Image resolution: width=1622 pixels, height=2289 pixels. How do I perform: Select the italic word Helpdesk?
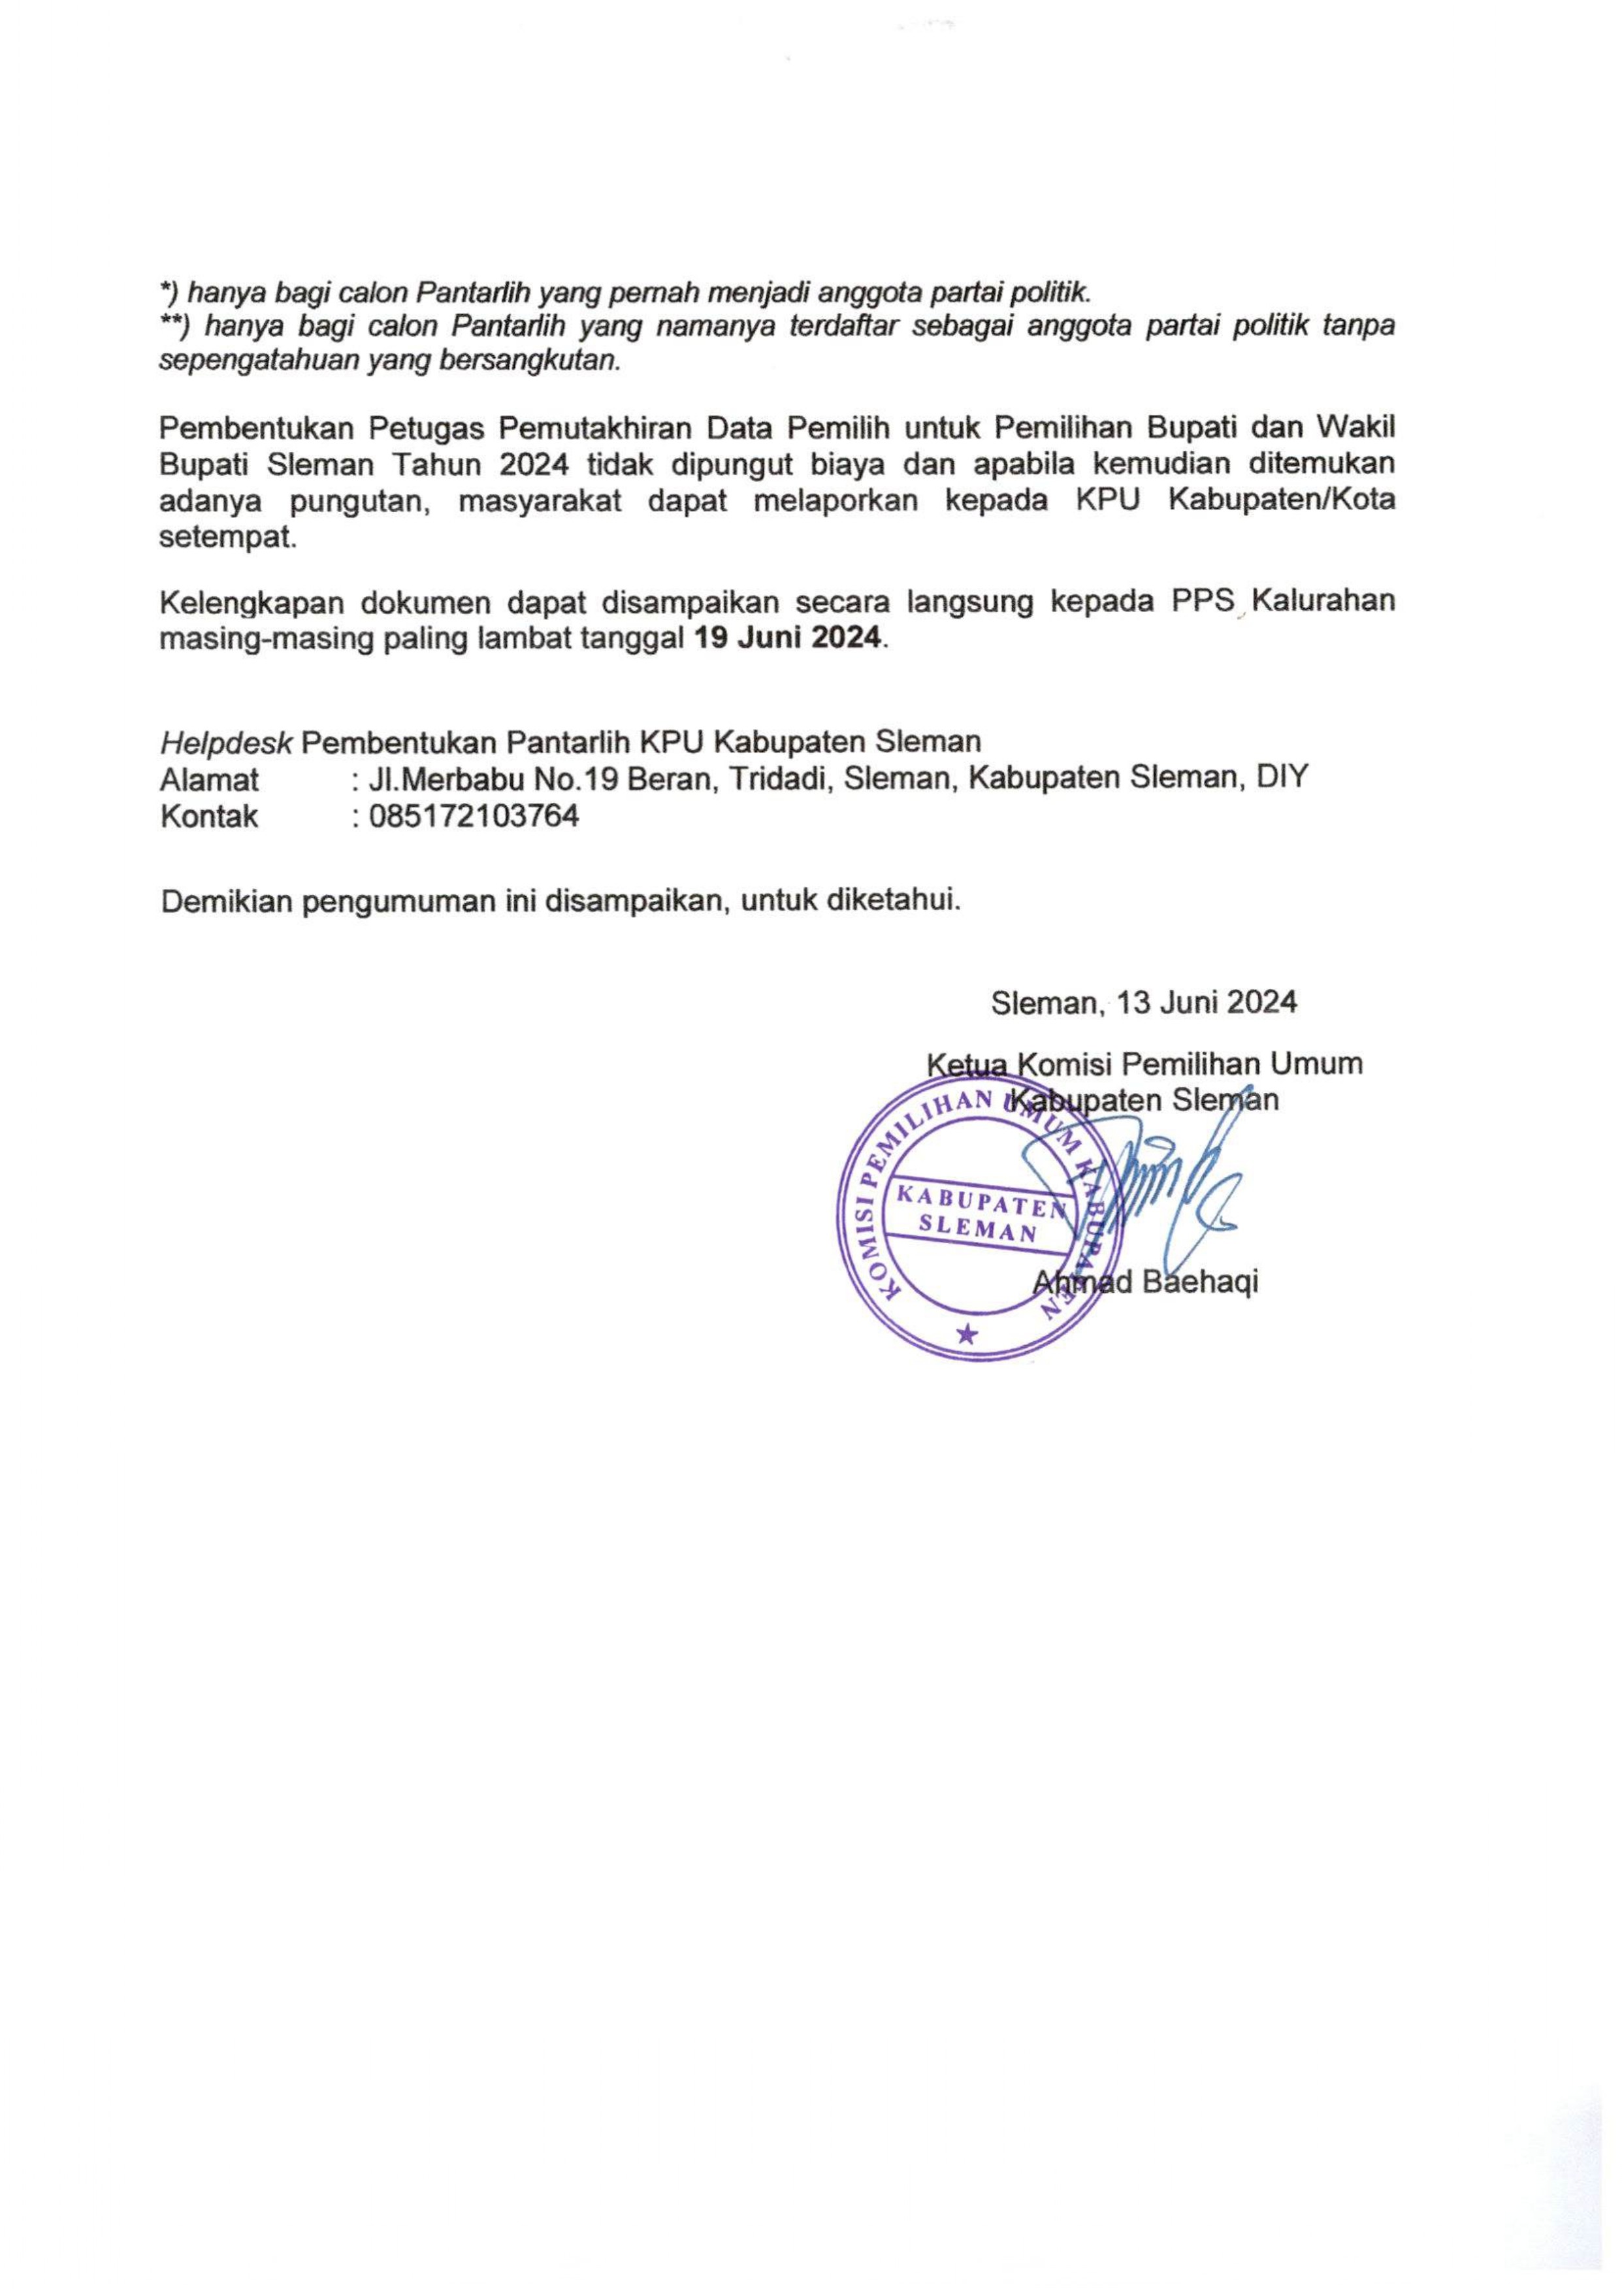(226, 742)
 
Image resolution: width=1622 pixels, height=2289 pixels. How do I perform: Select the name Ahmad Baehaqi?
(1146, 1281)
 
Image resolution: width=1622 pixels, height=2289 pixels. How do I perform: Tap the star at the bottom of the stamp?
(965, 1333)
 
